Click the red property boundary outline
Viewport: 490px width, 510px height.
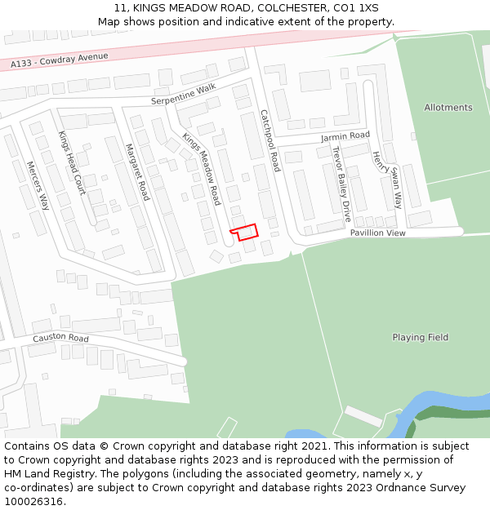(x=244, y=232)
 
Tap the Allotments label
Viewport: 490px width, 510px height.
(x=448, y=108)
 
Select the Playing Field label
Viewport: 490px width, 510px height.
(x=420, y=337)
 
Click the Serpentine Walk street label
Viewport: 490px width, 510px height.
(x=183, y=94)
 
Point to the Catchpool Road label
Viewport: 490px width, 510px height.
(x=270, y=140)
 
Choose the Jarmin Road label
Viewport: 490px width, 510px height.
(x=345, y=135)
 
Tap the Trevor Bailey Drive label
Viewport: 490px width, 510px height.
(x=341, y=184)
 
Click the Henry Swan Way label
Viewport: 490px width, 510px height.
(x=387, y=179)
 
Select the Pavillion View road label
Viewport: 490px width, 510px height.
(x=377, y=233)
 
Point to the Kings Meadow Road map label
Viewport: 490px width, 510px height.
(x=202, y=168)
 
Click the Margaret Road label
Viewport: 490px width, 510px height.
(x=137, y=172)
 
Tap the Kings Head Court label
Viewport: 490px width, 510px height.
(x=72, y=162)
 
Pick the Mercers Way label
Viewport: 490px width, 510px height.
(x=38, y=185)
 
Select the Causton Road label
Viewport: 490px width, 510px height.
(x=60, y=338)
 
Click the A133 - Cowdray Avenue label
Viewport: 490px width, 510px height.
(x=60, y=60)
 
